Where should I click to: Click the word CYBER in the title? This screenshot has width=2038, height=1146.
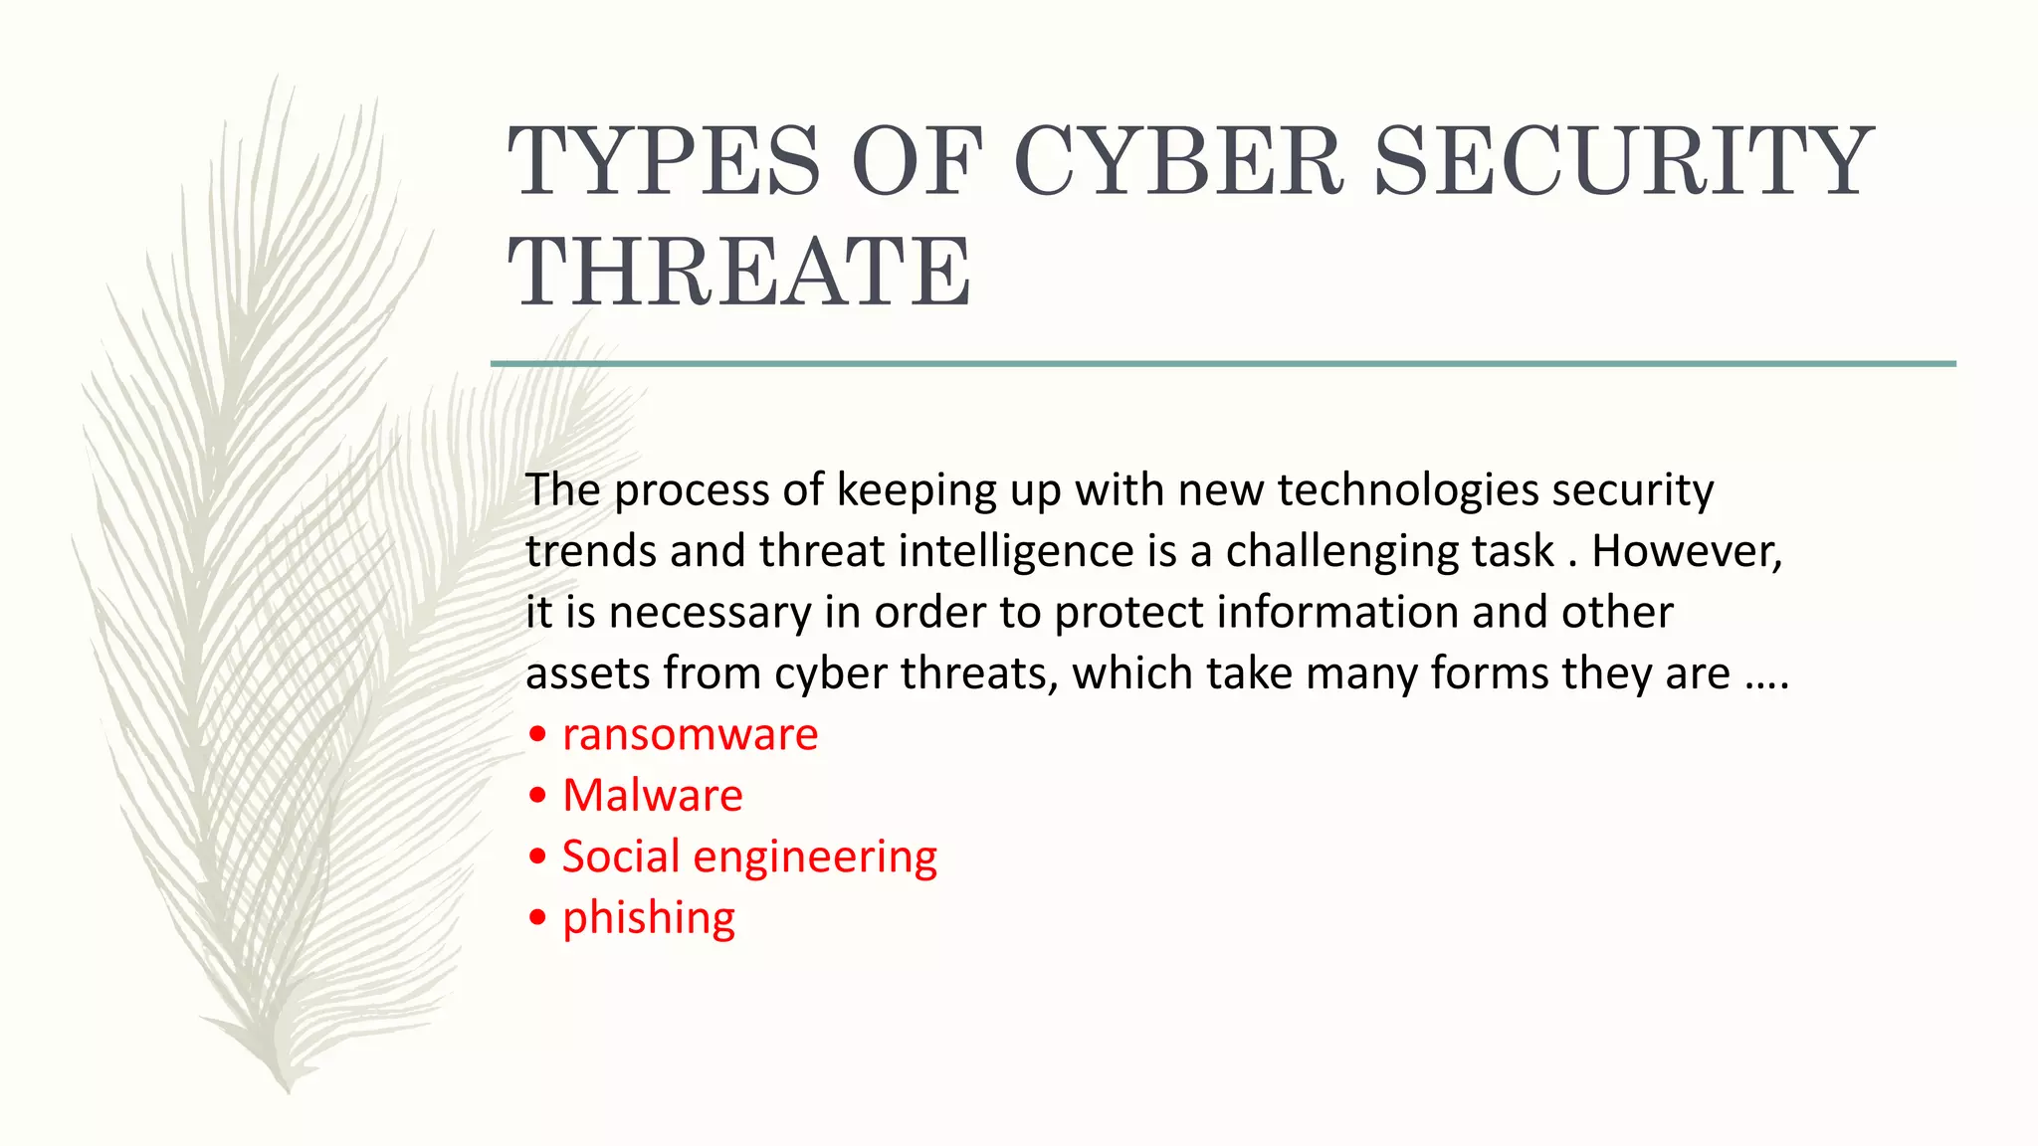pos(1179,161)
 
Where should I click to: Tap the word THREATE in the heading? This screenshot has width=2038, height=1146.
pos(740,272)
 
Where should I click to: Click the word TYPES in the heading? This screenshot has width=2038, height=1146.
pos(665,161)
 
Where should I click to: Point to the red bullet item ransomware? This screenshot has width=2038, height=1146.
pos(690,735)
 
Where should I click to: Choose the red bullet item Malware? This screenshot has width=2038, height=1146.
pos(652,796)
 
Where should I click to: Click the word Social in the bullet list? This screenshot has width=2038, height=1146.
pos(620,857)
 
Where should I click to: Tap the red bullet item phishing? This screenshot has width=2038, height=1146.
pos(648,918)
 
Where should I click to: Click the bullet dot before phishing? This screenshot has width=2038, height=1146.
pos(538,917)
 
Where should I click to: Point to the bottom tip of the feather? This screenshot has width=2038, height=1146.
pos(288,1090)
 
